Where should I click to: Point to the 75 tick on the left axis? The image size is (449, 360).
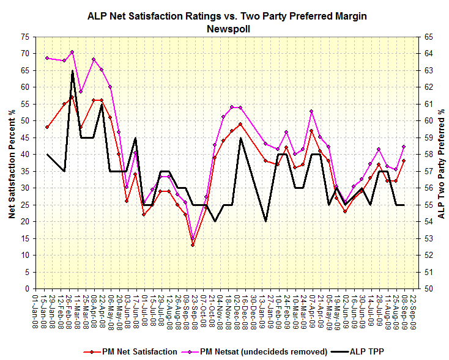(24, 37)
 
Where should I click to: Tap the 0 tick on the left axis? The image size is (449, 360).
(27, 288)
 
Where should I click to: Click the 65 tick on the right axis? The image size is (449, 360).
(426, 37)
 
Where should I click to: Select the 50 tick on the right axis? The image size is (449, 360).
(426, 288)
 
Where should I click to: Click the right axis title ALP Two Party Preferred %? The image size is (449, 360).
(440, 162)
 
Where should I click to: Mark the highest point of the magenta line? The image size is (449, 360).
(72, 52)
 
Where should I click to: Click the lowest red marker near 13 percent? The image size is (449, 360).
(193, 245)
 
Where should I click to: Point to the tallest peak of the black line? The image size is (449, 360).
(72, 70)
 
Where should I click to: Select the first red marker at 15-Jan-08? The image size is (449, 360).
(47, 127)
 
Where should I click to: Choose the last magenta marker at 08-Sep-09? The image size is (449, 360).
(404, 147)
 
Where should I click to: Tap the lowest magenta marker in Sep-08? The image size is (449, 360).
(193, 239)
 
